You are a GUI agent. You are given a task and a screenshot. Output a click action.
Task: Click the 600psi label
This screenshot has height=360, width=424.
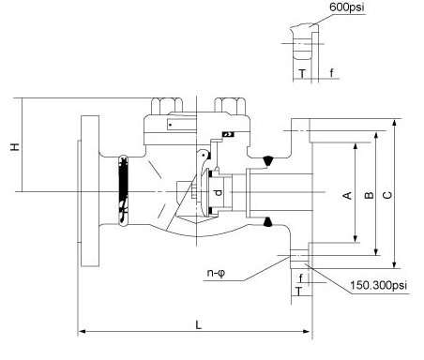click(347, 7)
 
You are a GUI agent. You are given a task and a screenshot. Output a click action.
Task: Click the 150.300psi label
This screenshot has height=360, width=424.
click(378, 285)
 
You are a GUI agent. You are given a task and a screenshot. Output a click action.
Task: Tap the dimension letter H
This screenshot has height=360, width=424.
click(15, 147)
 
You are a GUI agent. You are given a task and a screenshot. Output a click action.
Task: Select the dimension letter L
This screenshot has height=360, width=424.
click(198, 324)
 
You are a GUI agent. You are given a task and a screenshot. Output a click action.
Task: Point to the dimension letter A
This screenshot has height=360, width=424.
click(347, 196)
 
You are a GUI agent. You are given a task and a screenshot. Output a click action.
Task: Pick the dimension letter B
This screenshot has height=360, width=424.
click(369, 195)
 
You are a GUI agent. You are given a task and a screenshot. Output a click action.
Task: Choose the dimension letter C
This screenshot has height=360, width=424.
click(387, 195)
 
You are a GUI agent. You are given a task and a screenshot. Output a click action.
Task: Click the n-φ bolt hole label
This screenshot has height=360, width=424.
click(216, 273)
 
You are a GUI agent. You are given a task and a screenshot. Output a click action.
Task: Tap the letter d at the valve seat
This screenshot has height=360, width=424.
click(219, 192)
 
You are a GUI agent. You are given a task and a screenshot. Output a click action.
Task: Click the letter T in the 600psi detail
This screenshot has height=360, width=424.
click(302, 73)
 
